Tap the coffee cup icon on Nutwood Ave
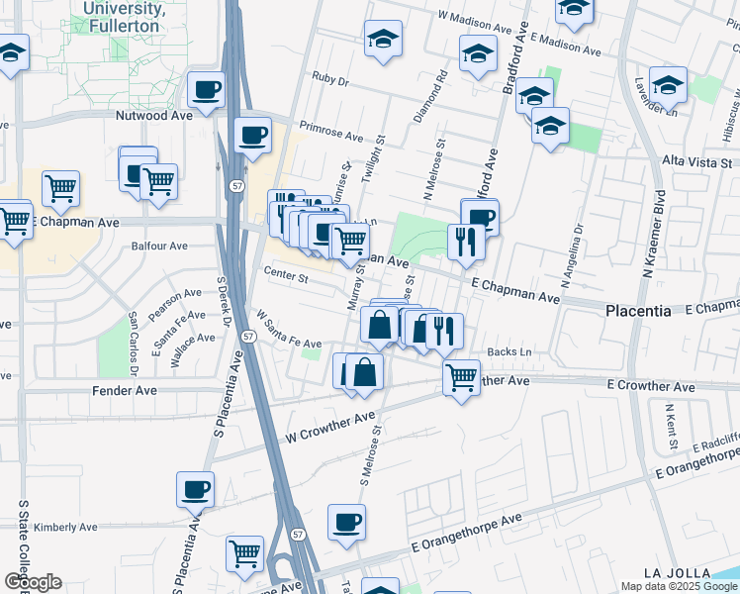point(207,92)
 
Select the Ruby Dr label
point(331,76)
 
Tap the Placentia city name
point(638,310)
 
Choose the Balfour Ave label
point(158,247)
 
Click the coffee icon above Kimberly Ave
point(195,489)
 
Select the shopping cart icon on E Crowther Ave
point(461,376)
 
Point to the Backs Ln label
point(511,351)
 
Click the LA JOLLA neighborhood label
point(677,573)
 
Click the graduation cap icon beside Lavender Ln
point(669,85)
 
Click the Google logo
point(33,582)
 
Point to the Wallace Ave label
point(192,338)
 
